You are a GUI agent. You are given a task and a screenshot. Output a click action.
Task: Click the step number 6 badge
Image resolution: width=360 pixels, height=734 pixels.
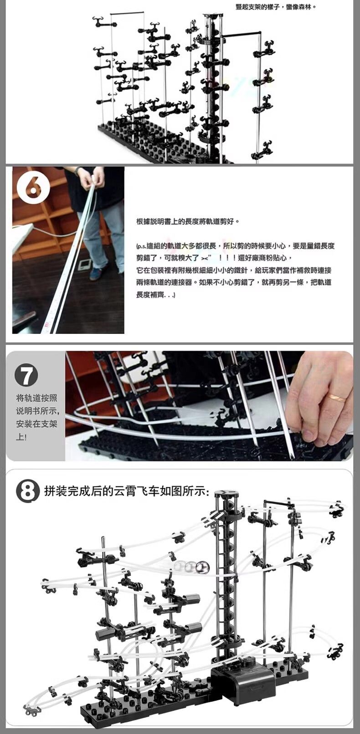coord(34,187)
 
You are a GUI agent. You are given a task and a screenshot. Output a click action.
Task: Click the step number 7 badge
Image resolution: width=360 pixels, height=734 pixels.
coord(26,376)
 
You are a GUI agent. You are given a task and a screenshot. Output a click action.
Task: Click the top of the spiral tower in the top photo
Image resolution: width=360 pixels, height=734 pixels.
coord(211,16)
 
